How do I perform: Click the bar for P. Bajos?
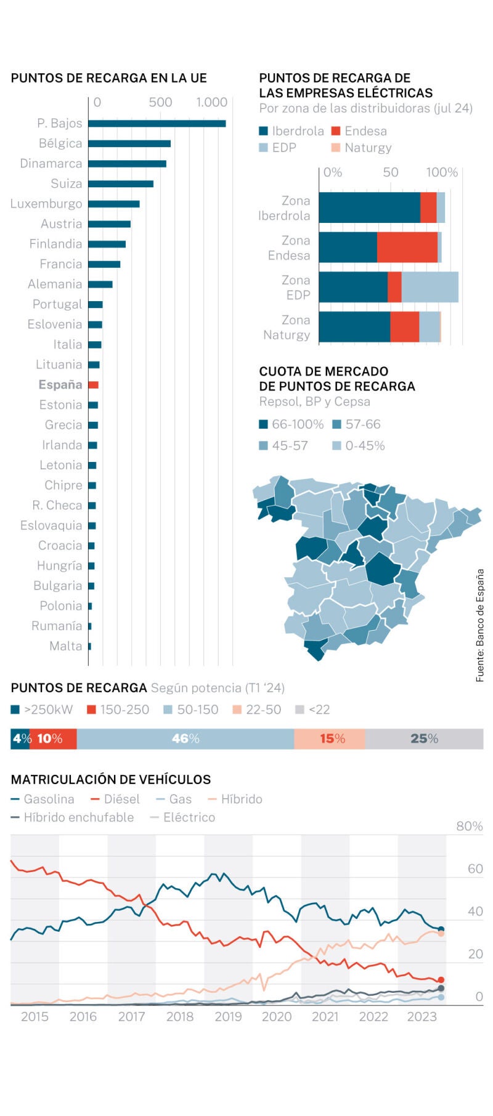(x=157, y=123)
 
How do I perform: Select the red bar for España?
(x=93, y=385)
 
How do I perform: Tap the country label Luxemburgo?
(x=46, y=204)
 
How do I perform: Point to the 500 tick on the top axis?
(x=160, y=102)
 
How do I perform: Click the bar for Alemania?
(x=100, y=285)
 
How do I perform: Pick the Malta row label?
(x=65, y=646)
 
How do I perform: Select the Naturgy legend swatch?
(x=336, y=148)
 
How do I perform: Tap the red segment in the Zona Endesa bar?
(x=407, y=248)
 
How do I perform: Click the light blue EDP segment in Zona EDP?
(x=430, y=287)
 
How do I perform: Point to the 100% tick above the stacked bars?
(x=442, y=172)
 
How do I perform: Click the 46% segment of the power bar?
(x=185, y=738)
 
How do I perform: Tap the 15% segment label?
(x=332, y=738)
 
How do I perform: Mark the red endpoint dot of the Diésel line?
(x=441, y=980)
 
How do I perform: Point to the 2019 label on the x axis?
(x=228, y=1017)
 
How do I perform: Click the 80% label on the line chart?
(x=469, y=827)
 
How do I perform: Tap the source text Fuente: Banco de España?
(x=479, y=625)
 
